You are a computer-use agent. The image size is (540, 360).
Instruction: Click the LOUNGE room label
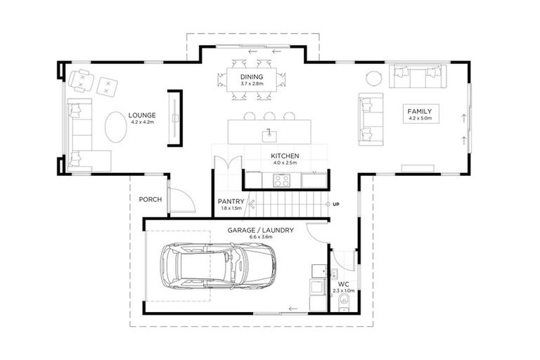click(x=142, y=115)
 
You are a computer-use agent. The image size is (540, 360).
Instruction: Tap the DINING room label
click(x=251, y=77)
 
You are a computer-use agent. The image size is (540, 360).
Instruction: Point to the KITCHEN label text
click(x=285, y=156)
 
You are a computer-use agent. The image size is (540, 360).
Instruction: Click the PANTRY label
click(x=230, y=201)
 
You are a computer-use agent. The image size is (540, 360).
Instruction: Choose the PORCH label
click(x=150, y=200)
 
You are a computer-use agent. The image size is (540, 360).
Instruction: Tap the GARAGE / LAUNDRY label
click(x=260, y=230)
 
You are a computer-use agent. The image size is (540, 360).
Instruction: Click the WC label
click(x=344, y=285)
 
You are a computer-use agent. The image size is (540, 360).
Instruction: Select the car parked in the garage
click(x=218, y=266)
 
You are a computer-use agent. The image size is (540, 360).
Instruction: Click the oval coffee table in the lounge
click(x=117, y=127)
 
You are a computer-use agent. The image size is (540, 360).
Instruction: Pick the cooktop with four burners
click(x=283, y=180)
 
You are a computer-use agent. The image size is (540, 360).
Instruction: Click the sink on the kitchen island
click(x=269, y=133)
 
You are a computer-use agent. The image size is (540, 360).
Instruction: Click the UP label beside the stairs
click(x=337, y=204)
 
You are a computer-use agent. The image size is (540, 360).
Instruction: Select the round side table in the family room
click(x=374, y=78)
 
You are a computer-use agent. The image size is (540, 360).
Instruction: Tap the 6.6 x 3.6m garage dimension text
click(x=260, y=237)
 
